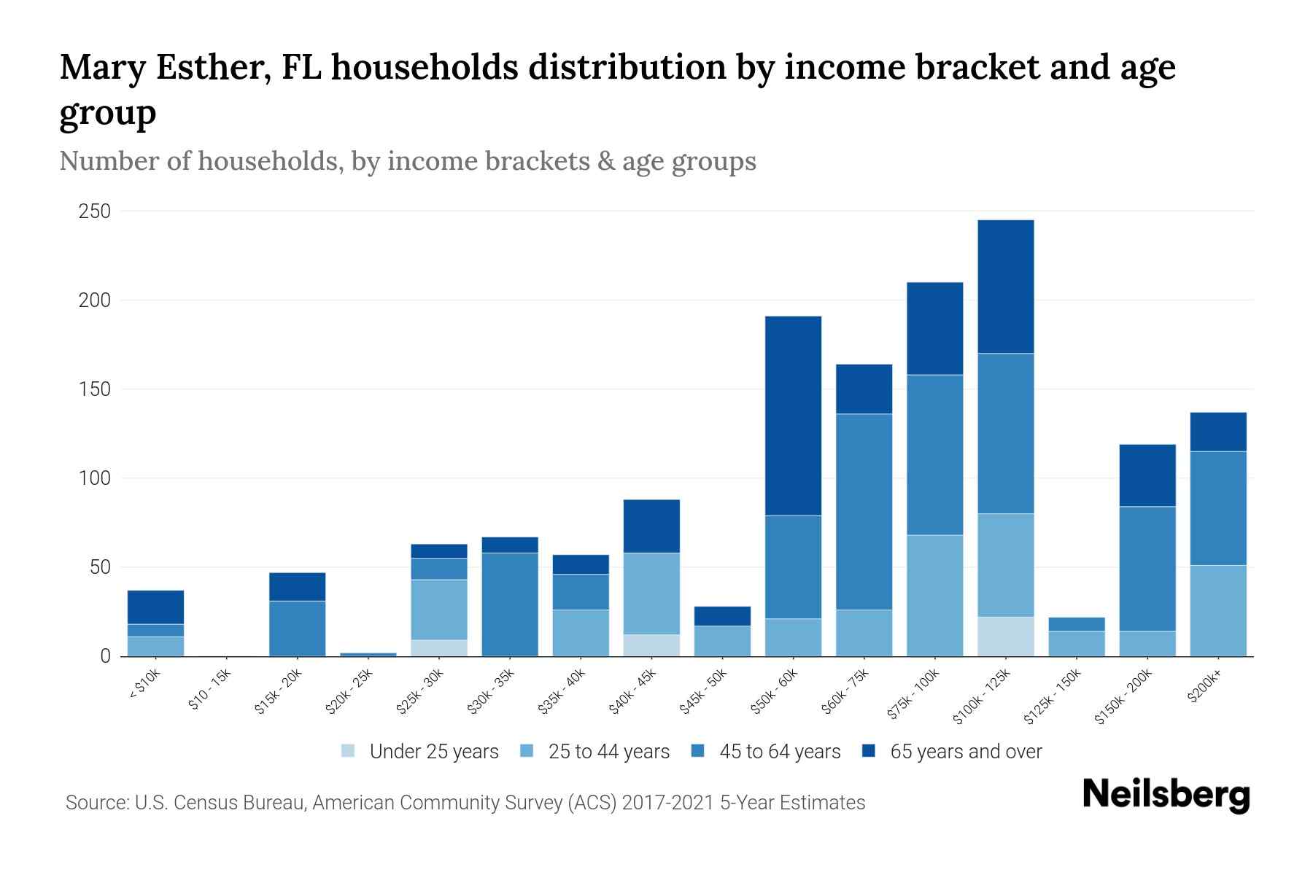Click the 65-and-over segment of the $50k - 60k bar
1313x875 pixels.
pyautogui.click(x=793, y=416)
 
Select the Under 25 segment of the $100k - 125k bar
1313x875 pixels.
pyautogui.click(x=1005, y=637)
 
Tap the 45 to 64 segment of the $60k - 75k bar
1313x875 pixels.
pyautogui.click(x=864, y=512)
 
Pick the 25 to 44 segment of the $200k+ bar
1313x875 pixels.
pyautogui.click(x=1218, y=610)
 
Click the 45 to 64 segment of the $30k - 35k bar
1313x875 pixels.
pyautogui.click(x=510, y=604)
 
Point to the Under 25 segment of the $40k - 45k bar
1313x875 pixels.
pyautogui.click(x=651, y=645)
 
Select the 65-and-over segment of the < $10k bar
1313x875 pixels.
pyautogui.click(x=155, y=607)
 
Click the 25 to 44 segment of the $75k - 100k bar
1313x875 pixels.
pyautogui.click(x=934, y=596)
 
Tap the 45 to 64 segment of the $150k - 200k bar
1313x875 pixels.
pyautogui.click(x=1147, y=569)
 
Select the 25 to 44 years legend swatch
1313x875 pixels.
pyautogui.click(x=527, y=751)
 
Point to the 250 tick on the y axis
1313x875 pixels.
pyautogui.click(x=95, y=211)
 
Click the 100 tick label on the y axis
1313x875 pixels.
pyautogui.click(x=95, y=478)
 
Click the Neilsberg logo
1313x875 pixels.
pyautogui.click(x=1166, y=795)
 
